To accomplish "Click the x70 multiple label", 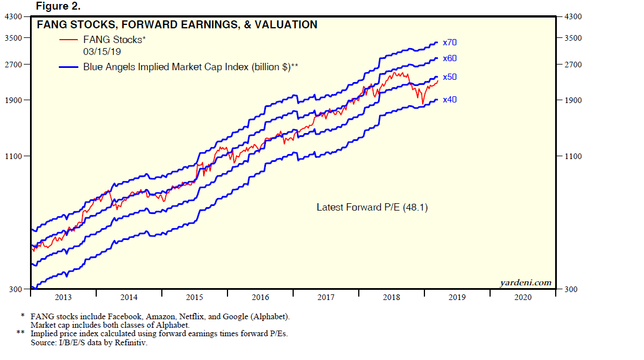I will (x=450, y=42).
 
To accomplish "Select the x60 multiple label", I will (x=450, y=58).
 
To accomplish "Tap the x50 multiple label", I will (x=450, y=76).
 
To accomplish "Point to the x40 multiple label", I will (x=450, y=100).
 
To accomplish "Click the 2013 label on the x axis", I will (x=63, y=297).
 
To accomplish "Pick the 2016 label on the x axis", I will (x=260, y=297).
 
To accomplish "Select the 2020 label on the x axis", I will (x=522, y=297).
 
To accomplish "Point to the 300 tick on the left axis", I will (x=15, y=290).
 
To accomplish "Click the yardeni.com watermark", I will (x=526, y=282).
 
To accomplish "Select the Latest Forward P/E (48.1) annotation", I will (x=372, y=208).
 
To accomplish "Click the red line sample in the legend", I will (x=68, y=40).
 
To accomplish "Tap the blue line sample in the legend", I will (x=68, y=67).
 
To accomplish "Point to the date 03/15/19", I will (x=102, y=52).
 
